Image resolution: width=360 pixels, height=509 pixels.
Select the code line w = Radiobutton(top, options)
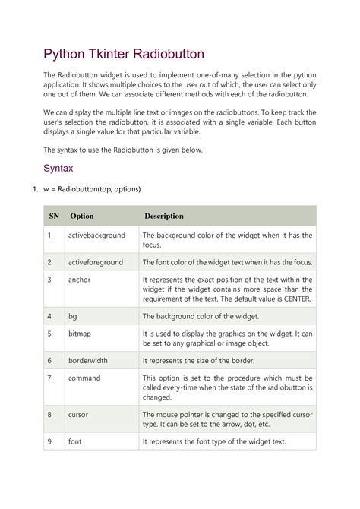93,188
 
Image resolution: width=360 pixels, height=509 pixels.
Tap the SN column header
54,216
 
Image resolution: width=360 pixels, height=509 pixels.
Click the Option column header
82,216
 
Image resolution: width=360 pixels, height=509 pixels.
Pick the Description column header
164,216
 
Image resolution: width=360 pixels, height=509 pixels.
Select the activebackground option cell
96,236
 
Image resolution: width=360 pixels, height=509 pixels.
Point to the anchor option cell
79,279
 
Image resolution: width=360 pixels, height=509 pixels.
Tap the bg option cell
73,315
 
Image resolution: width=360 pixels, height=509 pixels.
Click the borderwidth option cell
89,360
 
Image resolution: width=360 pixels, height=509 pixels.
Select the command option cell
84,378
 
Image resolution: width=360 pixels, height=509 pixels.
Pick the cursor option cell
79,414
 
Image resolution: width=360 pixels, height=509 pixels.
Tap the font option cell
74,441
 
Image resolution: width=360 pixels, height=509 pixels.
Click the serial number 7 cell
49,378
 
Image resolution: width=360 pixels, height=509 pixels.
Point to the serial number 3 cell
49,279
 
